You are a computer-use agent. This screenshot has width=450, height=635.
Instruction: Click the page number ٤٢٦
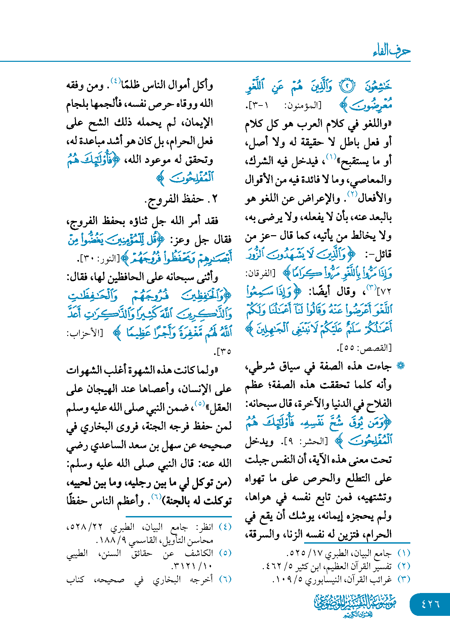click(x=430, y=604)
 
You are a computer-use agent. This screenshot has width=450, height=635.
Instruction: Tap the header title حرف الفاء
click(x=392, y=51)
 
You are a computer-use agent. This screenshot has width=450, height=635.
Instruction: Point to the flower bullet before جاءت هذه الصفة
click(x=400, y=366)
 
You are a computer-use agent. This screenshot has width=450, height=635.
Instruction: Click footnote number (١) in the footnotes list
click(x=404, y=553)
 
